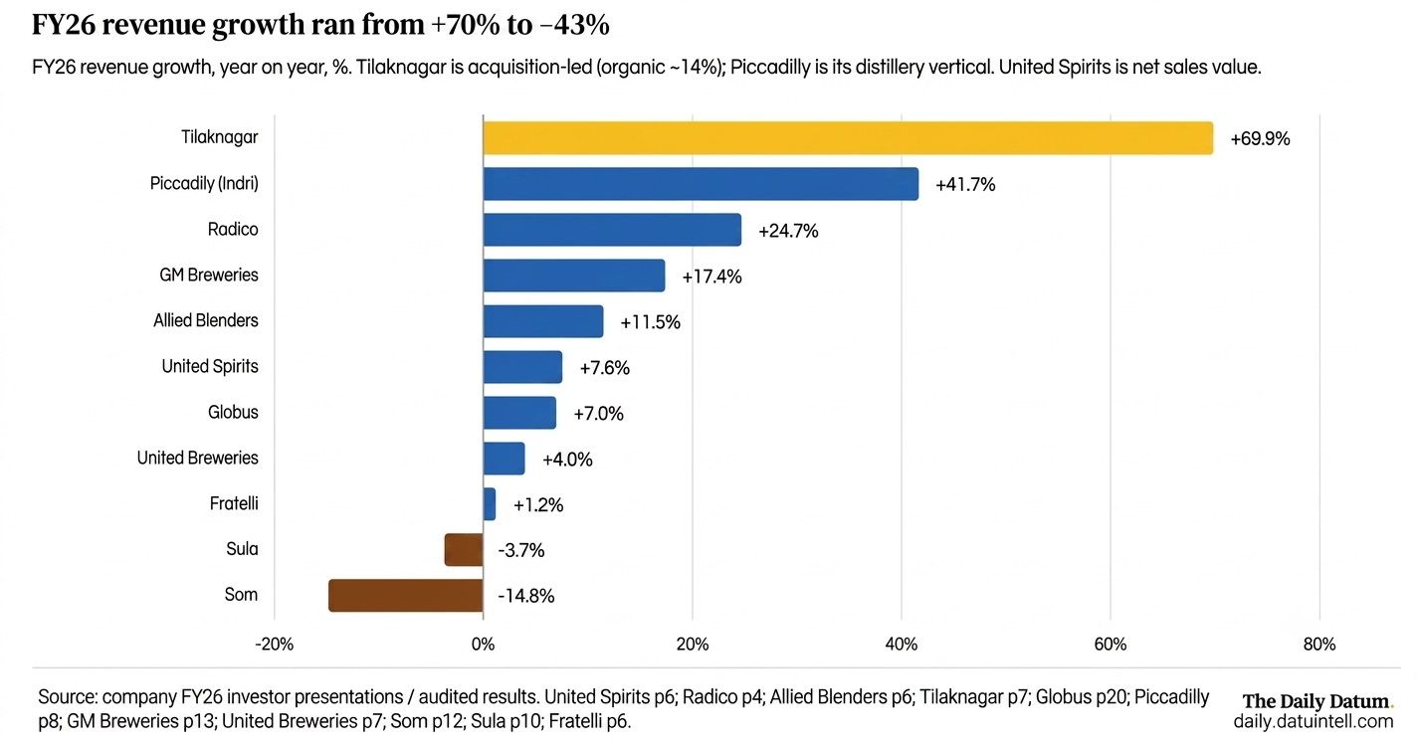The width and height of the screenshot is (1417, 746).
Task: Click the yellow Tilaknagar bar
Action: pyautogui.click(x=848, y=138)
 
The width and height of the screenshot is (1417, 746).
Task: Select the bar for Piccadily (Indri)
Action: pyautogui.click(x=701, y=184)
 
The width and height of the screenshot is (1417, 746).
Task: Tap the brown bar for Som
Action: pyautogui.click(x=405, y=596)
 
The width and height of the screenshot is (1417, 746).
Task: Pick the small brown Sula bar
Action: pyautogui.click(x=464, y=549)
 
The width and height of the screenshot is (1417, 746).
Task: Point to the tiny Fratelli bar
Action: pyautogui.click(x=490, y=504)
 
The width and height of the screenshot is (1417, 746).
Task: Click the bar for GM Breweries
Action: pyautogui.click(x=574, y=275)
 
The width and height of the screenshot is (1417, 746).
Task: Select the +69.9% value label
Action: pyautogui.click(x=1260, y=139)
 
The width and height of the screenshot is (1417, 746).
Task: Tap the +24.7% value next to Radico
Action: pyautogui.click(x=788, y=231)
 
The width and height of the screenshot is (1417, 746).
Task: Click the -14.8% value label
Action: pyautogui.click(x=525, y=596)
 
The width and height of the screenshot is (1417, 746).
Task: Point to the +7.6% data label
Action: pyautogui.click(x=604, y=368)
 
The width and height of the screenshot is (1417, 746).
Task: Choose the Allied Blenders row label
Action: pyautogui.click(x=206, y=320)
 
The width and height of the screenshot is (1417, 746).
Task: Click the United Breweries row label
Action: pyautogui.click(x=197, y=458)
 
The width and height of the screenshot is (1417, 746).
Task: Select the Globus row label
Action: pyautogui.click(x=233, y=412)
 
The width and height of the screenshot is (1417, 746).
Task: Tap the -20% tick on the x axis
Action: pyautogui.click(x=274, y=645)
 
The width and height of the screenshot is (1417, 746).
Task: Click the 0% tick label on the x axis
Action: pyautogui.click(x=484, y=645)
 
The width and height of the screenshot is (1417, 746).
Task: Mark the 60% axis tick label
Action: pyautogui.click(x=1111, y=645)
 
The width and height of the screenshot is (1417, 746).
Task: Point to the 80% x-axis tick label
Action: pyautogui.click(x=1319, y=645)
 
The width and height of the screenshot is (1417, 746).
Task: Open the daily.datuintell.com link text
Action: pyautogui.click(x=1314, y=721)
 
